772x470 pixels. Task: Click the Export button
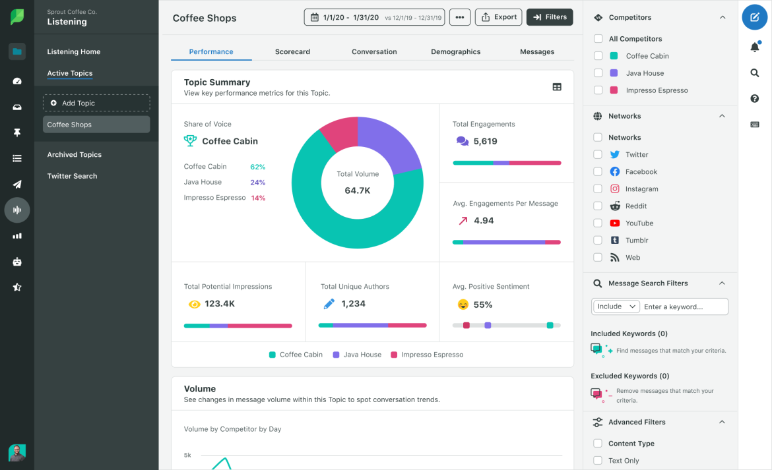(498, 17)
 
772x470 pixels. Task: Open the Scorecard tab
(292, 51)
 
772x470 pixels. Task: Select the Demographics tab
(455, 51)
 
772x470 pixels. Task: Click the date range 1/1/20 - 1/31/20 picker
(374, 17)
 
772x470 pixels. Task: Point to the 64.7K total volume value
(358, 191)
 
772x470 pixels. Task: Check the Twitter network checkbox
(598, 154)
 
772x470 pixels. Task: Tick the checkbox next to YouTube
(598, 223)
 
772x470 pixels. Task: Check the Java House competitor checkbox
(598, 73)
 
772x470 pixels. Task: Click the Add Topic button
(96, 103)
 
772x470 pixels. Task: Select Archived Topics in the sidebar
(75, 154)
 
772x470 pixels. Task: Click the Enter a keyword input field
(685, 307)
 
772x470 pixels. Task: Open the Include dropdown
(616, 307)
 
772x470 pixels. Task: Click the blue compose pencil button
(754, 18)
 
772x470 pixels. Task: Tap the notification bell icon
(754, 47)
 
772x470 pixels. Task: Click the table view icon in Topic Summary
(557, 87)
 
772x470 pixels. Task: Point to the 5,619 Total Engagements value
(485, 141)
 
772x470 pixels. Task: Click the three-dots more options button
(460, 17)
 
